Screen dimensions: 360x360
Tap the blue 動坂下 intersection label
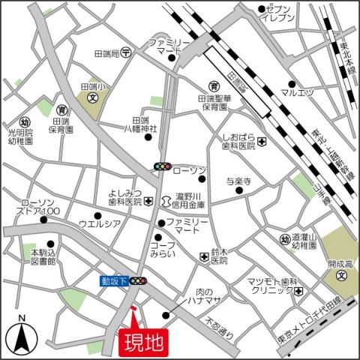click(x=113, y=281)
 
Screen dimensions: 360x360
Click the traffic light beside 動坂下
click(x=139, y=281)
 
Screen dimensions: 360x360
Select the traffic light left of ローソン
click(x=163, y=166)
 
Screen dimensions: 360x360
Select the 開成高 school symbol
click(x=341, y=274)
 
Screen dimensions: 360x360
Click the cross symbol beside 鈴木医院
click(x=203, y=257)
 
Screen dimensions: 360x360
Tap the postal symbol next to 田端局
click(x=127, y=52)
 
